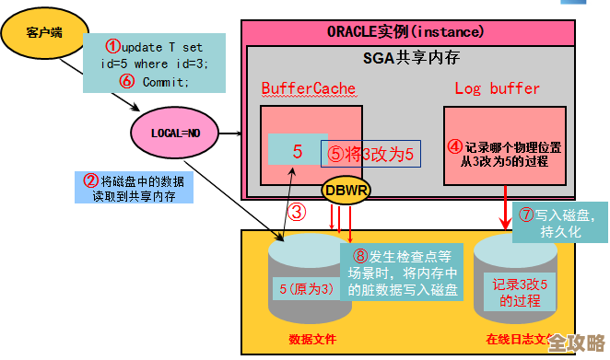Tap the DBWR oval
coord(344,192)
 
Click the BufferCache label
coord(308,88)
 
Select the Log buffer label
coord(497,88)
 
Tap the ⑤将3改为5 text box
coord(370,154)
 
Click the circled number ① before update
coord(111,45)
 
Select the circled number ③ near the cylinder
coord(296,213)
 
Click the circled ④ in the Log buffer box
coord(454,146)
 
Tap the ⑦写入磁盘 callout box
coord(559,223)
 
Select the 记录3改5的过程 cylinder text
coord(523,293)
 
